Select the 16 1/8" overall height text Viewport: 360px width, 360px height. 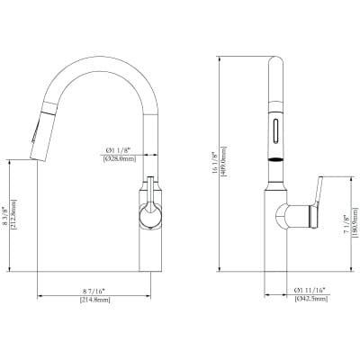point(238,162)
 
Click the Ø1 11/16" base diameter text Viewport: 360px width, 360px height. point(310,291)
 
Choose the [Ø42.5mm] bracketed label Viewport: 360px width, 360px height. point(310,300)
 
